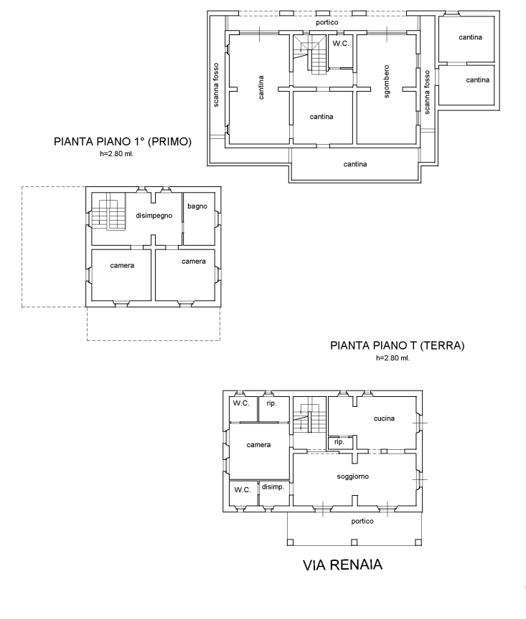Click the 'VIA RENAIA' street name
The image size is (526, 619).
pos(342,565)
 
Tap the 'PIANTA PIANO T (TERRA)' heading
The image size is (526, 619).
pos(397,345)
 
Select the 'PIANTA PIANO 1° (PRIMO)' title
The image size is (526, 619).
pos(123,141)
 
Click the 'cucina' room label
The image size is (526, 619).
pos(384,418)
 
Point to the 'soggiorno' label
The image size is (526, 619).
pos(353,476)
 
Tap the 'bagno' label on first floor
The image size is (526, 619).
pos(197,206)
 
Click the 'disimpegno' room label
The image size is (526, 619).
pos(154,216)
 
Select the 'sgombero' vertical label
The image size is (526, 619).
pos(387,82)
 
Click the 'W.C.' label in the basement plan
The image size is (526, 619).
pos(341,44)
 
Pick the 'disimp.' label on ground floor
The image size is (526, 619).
pos(273,487)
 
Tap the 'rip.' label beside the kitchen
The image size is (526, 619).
pos(339,442)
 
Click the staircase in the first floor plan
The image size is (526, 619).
pos(109,215)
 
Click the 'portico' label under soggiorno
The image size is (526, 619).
pos(362,522)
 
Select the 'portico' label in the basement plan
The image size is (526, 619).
pos(327,22)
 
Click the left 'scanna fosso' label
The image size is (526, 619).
pos(216,85)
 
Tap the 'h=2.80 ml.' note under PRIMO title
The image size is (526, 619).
pos(117,154)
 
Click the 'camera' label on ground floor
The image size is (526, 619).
pos(258,445)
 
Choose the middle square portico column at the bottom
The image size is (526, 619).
pos(354,542)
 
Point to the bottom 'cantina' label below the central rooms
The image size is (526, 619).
pos(355,164)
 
